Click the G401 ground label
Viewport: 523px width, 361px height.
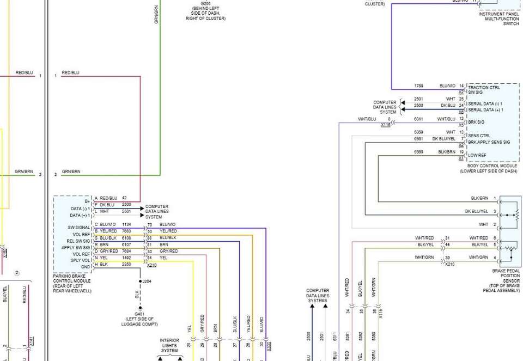(x=139, y=314)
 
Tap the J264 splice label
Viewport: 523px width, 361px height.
(x=146, y=281)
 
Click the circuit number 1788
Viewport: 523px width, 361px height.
(x=418, y=86)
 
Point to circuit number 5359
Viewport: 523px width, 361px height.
(x=418, y=132)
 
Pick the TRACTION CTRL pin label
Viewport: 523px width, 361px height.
(x=484, y=87)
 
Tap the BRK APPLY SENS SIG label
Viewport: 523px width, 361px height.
(x=489, y=142)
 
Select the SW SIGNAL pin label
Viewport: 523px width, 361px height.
(x=79, y=228)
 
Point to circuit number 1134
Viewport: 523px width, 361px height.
(x=126, y=224)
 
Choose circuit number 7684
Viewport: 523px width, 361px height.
(x=126, y=251)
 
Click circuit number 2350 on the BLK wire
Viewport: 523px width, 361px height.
(x=126, y=265)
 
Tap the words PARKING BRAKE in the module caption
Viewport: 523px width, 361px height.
(x=69, y=276)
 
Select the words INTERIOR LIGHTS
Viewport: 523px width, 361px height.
(x=169, y=343)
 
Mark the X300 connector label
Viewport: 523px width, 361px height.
(x=269, y=345)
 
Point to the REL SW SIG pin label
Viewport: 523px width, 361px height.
(x=78, y=241)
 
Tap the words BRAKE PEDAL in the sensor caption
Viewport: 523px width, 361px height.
(x=507, y=271)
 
